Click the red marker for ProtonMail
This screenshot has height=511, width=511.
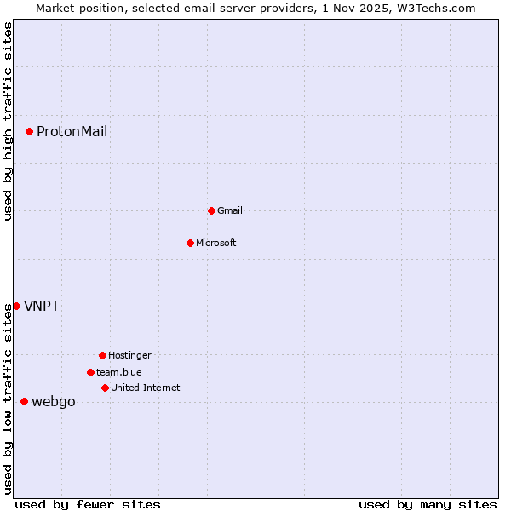29,131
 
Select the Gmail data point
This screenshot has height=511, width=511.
211,210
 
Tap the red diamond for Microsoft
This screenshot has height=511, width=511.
190,243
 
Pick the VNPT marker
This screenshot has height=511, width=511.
16,306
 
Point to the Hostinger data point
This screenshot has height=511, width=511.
102,355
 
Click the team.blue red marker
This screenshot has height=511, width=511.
90,372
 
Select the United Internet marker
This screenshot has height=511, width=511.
105,388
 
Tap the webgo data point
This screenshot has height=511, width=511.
24,401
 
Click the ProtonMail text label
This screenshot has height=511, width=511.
72,131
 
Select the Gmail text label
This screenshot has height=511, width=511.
230,210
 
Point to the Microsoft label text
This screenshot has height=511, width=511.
216,243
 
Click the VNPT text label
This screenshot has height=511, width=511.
42,306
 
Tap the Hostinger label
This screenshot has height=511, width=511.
129,355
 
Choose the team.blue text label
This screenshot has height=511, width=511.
119,372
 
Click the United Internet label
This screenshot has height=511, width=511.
146,388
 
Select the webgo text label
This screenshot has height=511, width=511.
54,402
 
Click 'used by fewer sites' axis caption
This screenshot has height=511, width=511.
88,504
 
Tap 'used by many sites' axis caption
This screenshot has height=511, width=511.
428,504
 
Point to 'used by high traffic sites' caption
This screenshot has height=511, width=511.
8,121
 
